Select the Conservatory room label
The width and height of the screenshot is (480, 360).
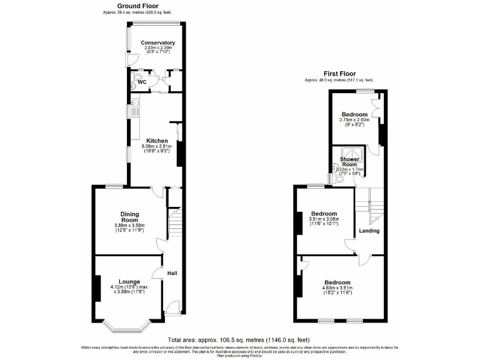coord(153,43)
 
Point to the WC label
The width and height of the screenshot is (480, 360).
coord(142,82)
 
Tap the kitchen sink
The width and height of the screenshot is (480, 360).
coord(134,103)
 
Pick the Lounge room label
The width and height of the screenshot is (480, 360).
coord(129,281)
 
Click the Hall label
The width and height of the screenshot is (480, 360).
coord(171,272)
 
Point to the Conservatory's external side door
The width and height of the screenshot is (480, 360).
coord(129,60)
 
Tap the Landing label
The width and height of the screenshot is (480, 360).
coord(369,231)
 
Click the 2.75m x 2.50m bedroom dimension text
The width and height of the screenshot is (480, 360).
coord(354,120)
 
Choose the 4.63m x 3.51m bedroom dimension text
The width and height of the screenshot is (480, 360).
coord(337,288)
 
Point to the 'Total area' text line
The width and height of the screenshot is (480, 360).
coord(240,341)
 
